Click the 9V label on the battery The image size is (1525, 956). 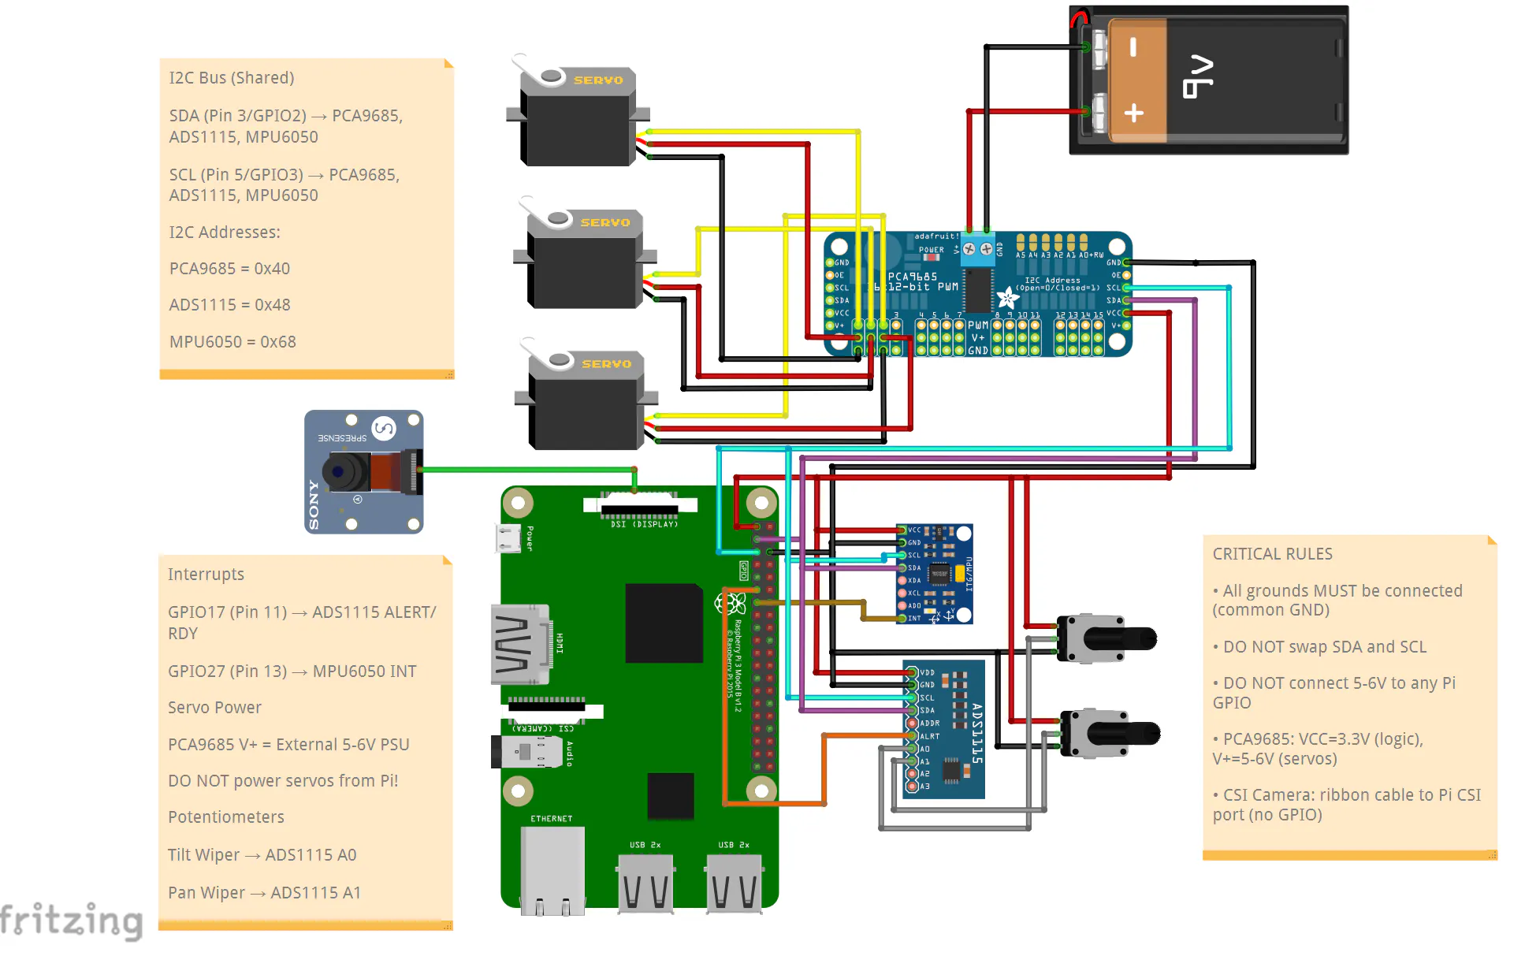(x=1198, y=76)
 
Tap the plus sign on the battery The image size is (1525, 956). (x=1133, y=113)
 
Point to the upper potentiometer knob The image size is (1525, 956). (x=1131, y=638)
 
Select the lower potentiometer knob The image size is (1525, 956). (x=1135, y=734)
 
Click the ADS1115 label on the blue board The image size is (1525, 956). (x=976, y=733)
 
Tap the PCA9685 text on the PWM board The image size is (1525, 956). (x=913, y=277)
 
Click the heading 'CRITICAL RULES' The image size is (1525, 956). (x=1272, y=554)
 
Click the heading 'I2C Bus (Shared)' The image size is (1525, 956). (x=232, y=78)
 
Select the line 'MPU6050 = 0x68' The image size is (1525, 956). (x=232, y=342)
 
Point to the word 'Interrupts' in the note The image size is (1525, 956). (x=206, y=575)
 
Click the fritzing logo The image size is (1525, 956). (x=71, y=920)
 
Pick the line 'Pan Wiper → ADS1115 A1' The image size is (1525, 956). (x=264, y=893)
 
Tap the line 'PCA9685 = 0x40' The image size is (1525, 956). (x=229, y=269)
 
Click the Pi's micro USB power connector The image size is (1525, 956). (x=508, y=538)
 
